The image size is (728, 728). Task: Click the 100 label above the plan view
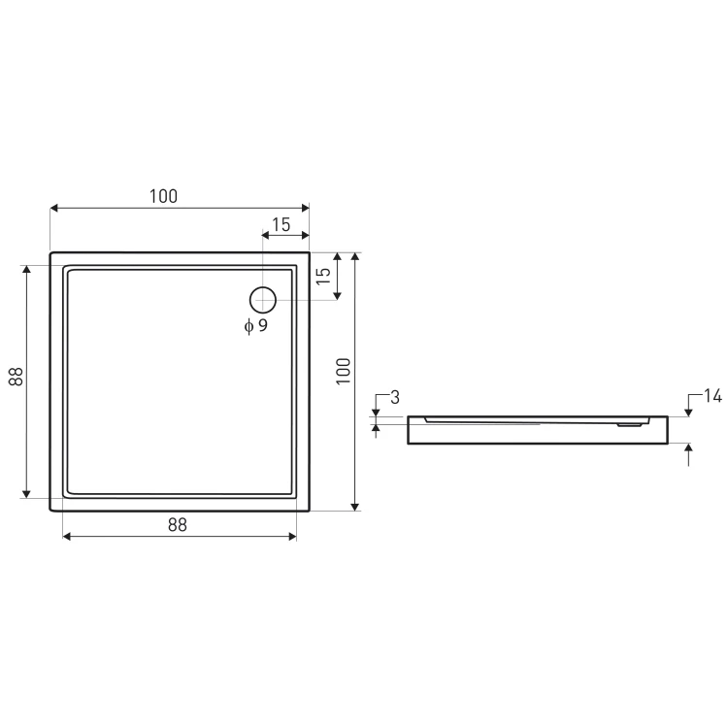163,196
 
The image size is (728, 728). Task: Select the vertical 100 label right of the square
343,371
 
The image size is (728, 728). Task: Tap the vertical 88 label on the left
16,377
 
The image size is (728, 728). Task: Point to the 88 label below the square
178,524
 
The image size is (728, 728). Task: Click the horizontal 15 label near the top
281,225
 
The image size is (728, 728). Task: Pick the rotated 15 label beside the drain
323,277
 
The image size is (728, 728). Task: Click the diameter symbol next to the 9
248,326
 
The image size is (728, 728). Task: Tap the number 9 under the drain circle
263,325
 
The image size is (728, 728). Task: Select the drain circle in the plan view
263,287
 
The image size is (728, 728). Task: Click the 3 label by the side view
395,397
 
